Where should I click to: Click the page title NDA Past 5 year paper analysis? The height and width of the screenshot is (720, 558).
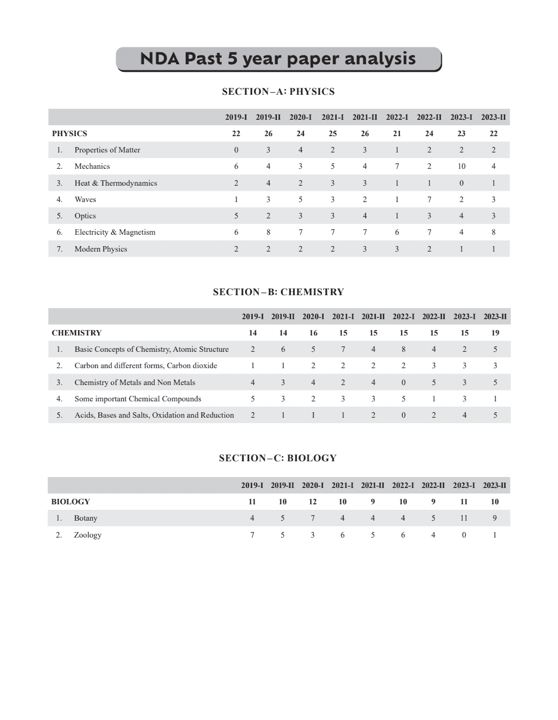pos(278,59)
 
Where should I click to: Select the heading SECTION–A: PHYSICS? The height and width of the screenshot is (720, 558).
pos(278,91)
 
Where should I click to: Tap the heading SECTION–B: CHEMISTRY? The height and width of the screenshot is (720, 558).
pos(278,292)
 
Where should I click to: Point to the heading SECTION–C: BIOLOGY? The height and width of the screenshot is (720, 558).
pos(278,458)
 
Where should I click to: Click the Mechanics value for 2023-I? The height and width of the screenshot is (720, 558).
pos(462,166)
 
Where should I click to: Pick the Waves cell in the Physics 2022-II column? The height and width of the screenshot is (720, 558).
pos(429,199)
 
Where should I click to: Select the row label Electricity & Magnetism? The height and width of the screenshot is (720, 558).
pos(114,232)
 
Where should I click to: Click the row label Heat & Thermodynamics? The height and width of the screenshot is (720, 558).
pos(116,183)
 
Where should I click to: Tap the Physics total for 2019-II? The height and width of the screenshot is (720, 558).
pos(268,133)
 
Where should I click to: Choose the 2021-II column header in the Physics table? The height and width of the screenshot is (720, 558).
pos(365,117)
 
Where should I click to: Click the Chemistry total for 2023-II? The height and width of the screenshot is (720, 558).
pos(495,333)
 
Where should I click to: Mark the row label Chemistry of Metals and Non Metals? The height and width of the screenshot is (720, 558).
pos(135,382)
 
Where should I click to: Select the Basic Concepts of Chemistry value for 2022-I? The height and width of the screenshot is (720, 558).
pos(403,349)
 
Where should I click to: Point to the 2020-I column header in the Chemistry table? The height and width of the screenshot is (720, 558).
pos(313,316)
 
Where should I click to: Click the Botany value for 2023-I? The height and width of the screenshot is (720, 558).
pos(464,518)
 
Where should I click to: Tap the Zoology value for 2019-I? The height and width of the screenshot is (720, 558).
pos(252,535)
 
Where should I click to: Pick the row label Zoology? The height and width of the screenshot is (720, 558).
pos(88,535)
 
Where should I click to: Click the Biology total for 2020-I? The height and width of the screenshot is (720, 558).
pos(313,502)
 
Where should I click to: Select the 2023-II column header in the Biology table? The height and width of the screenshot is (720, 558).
pos(494,485)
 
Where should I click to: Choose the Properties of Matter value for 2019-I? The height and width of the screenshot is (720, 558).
pos(236,150)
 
